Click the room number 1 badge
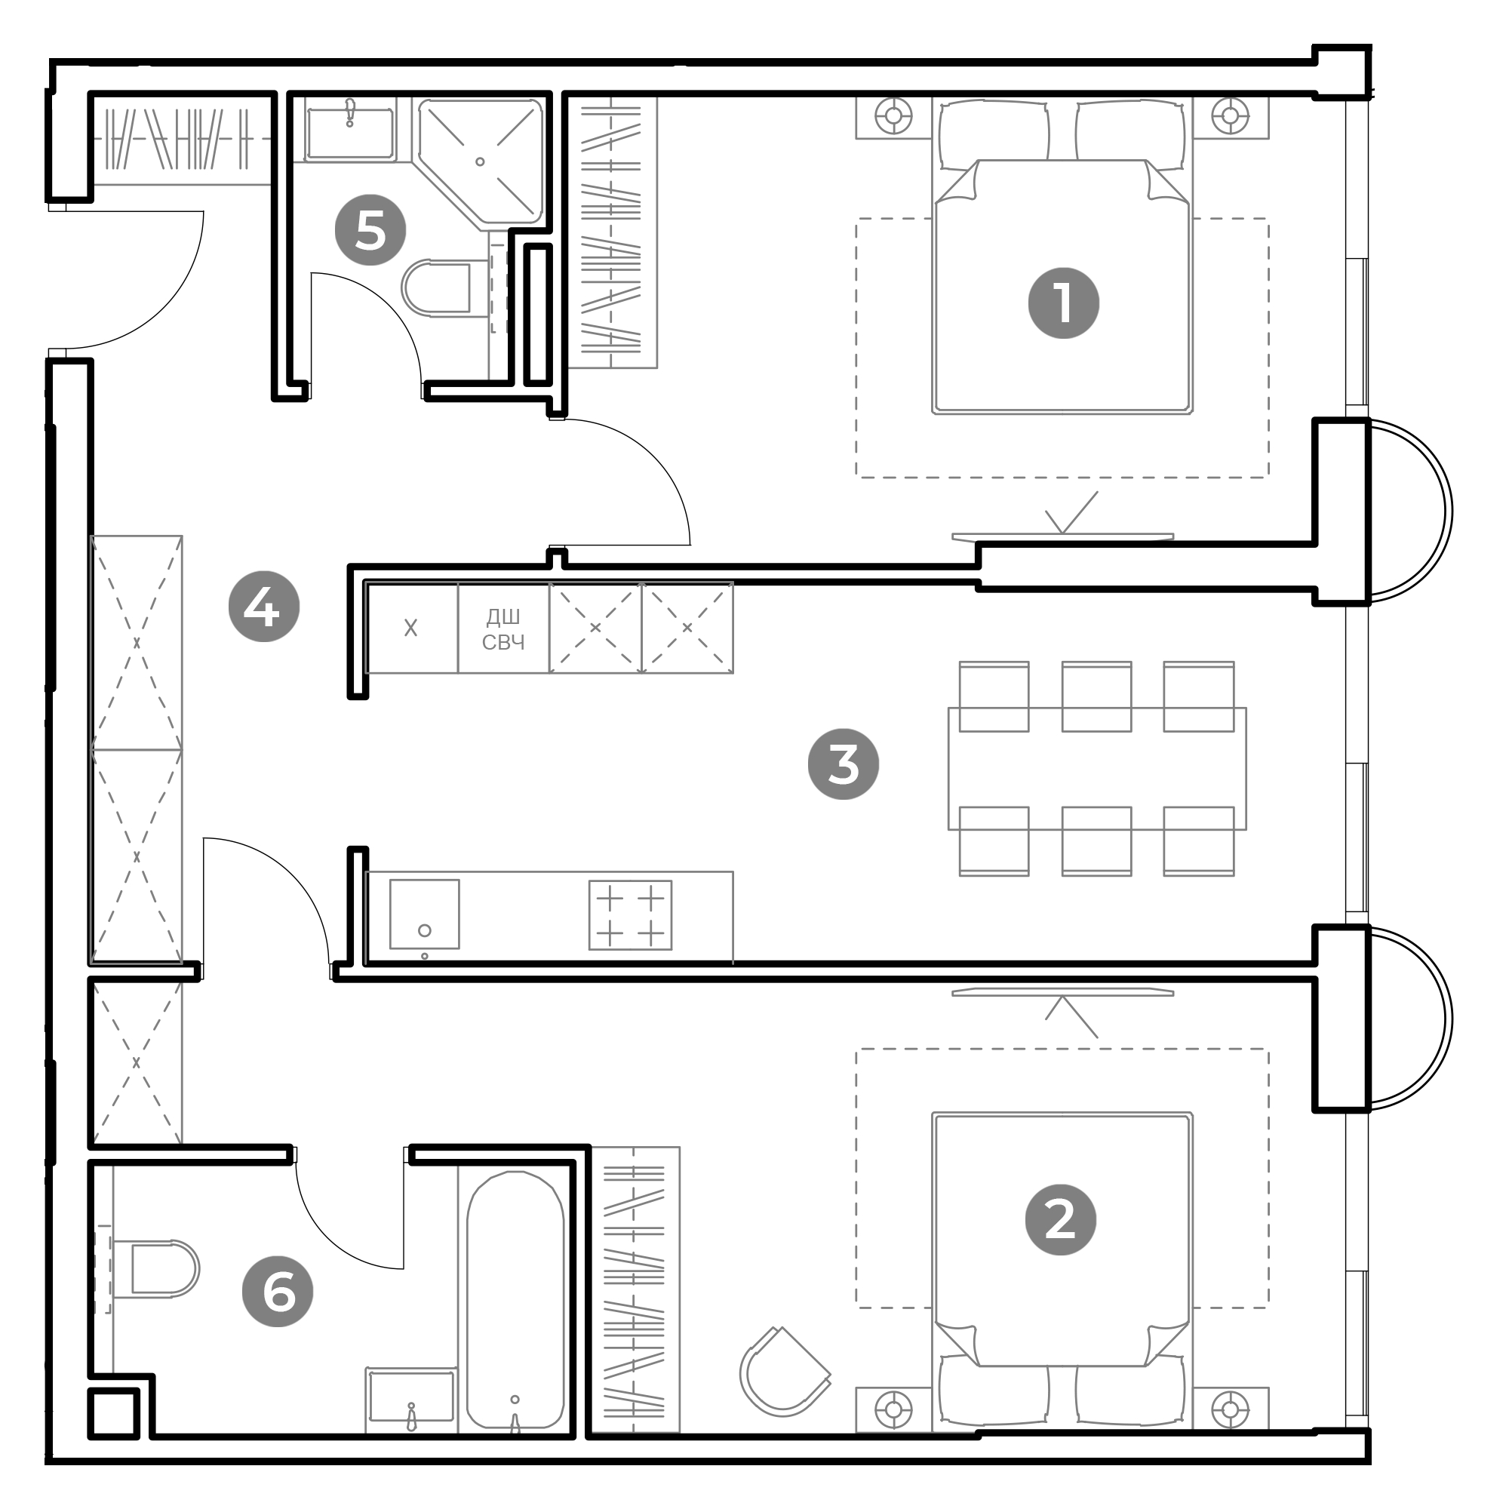(x=1063, y=303)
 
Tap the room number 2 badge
(x=1060, y=1219)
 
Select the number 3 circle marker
(x=843, y=764)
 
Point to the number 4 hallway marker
(x=263, y=606)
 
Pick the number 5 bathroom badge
(x=370, y=229)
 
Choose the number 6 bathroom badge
(x=277, y=1291)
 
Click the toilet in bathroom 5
(x=438, y=287)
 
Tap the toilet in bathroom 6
(x=156, y=1269)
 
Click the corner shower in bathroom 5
(x=481, y=162)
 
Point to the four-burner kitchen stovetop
(x=629, y=914)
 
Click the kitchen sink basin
(x=424, y=914)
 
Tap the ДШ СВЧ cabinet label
(x=503, y=629)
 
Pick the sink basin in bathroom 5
(x=350, y=133)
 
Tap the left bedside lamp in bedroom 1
(x=893, y=116)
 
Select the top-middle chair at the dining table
(x=1096, y=696)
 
